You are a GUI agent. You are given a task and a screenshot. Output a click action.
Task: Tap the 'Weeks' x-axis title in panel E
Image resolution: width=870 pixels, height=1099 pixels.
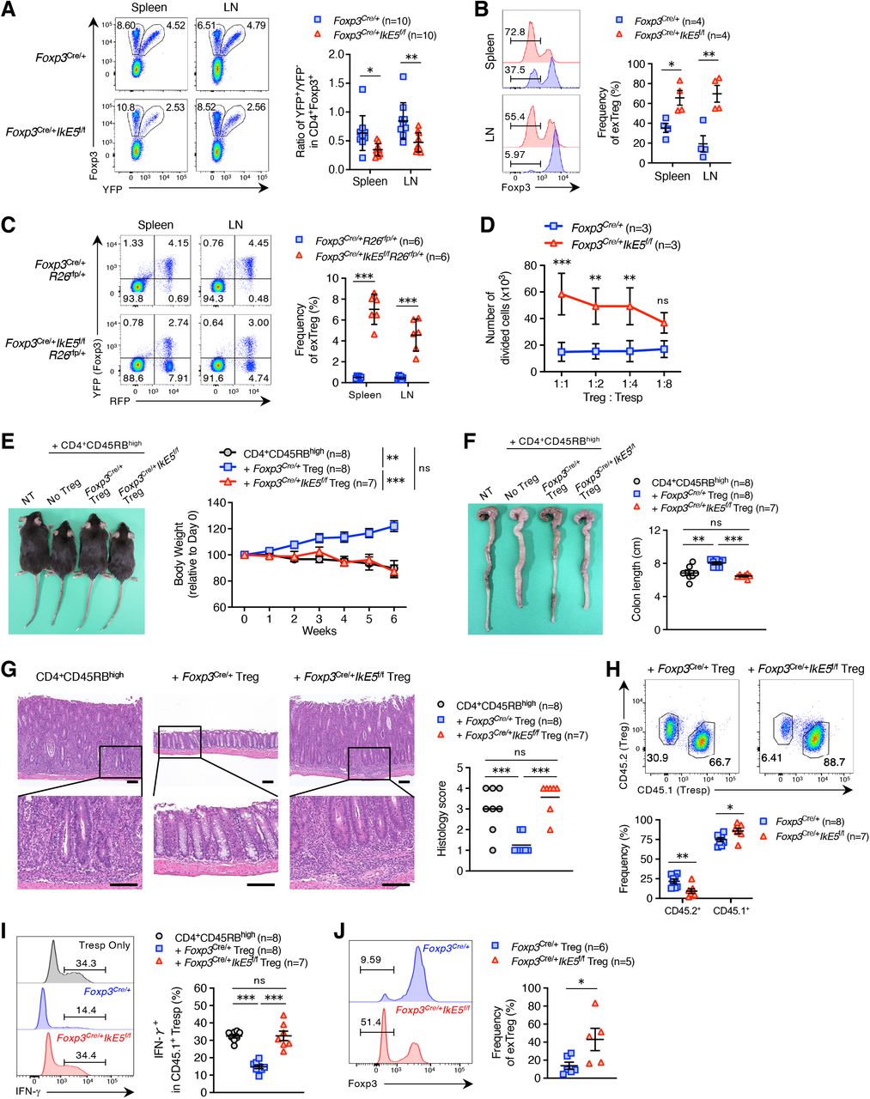coord(319,631)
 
